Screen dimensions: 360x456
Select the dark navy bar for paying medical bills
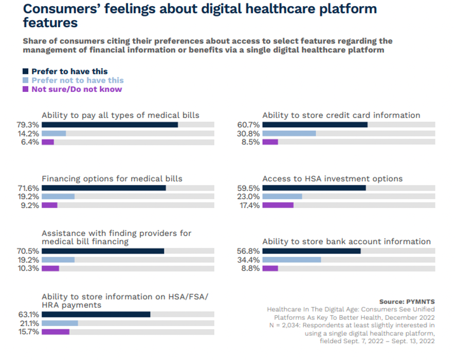[110, 125]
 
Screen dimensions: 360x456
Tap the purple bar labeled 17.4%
[278, 205]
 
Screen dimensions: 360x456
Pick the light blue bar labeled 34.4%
[291, 260]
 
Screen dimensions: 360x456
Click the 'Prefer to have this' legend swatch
[26, 71]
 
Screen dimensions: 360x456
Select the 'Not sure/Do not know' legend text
[77, 89]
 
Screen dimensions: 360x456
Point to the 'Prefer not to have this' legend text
[78, 80]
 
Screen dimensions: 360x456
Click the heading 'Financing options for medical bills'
[112, 179]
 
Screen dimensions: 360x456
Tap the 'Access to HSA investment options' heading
[333, 179]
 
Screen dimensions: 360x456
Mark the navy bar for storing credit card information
[315, 125]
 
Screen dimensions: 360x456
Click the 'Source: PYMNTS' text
[407, 301]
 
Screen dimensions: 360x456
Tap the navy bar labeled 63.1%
[96, 314]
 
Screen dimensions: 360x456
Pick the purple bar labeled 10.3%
[50, 269]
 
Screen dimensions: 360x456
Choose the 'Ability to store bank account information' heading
[346, 241]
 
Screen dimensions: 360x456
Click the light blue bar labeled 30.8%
[289, 134]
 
